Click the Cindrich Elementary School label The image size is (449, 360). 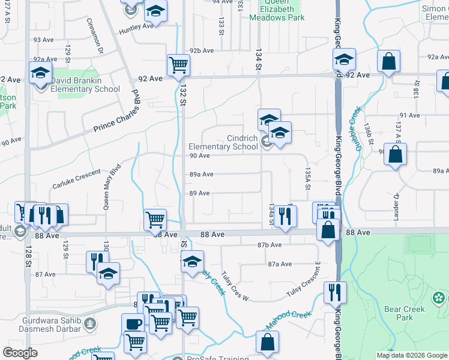click(x=223, y=142)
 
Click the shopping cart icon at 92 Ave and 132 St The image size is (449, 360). click(x=178, y=65)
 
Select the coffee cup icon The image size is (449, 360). click(x=133, y=323)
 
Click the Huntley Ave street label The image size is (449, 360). click(x=136, y=26)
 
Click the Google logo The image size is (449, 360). click(x=20, y=353)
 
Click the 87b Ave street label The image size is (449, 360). click(x=270, y=245)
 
